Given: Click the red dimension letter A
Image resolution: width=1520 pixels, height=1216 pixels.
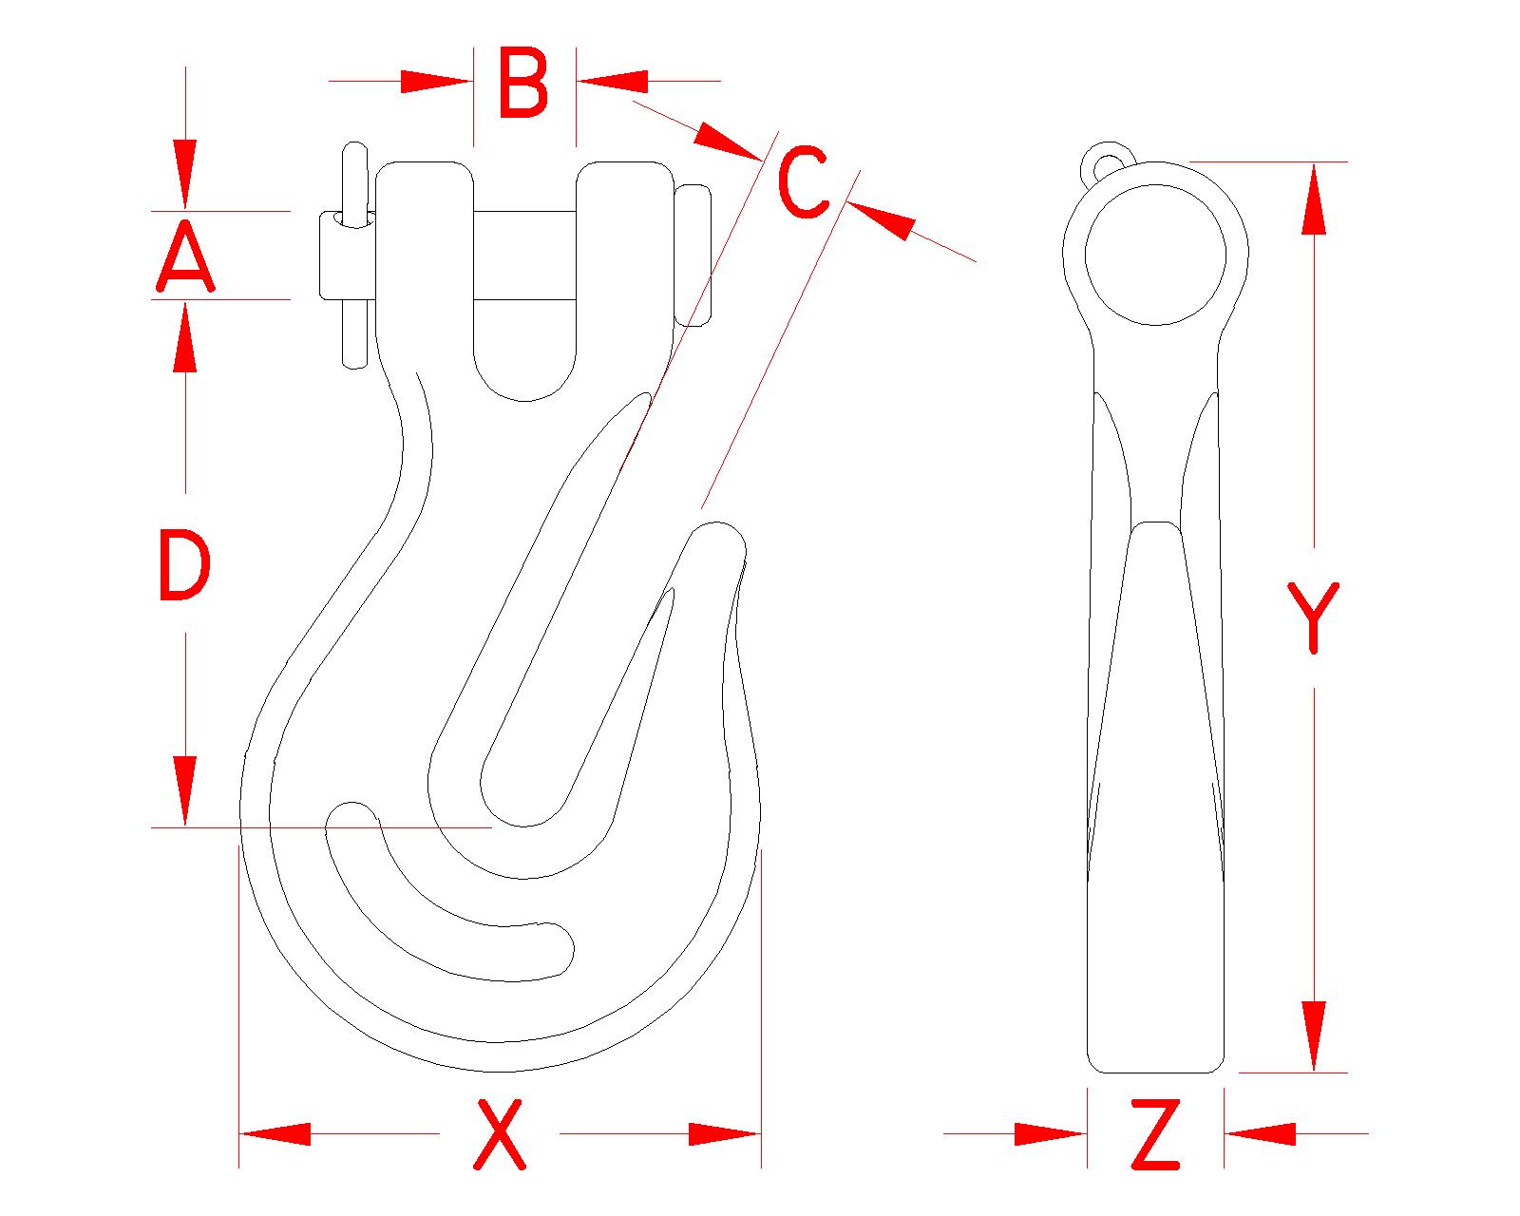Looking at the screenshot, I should [185, 256].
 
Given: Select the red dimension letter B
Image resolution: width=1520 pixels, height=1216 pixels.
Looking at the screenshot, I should [523, 85].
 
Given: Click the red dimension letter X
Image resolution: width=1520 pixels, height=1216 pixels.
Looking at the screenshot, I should [500, 1133].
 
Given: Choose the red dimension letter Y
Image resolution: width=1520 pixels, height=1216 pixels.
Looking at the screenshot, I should [1314, 617].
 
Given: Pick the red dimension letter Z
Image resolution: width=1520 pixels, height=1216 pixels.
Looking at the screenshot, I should [1156, 1134].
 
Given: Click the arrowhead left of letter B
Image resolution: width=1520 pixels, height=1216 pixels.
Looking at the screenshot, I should [435, 82].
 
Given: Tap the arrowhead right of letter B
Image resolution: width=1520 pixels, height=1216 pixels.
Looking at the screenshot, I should [614, 82].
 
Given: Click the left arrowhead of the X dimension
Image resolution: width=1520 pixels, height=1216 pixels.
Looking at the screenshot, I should [275, 1133].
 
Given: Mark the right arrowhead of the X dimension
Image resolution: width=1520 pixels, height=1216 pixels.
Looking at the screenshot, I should [724, 1133].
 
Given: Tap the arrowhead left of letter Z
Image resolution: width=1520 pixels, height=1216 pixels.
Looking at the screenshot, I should [1050, 1133].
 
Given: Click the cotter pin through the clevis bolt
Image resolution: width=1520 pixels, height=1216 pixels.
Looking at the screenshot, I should [354, 256].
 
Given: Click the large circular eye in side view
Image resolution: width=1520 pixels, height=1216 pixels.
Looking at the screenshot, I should [1155, 255].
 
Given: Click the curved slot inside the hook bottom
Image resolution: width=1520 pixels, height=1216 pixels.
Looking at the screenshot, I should [446, 912].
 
